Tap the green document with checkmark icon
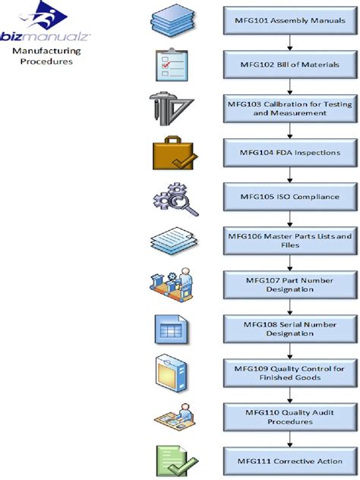coord(175,460)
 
